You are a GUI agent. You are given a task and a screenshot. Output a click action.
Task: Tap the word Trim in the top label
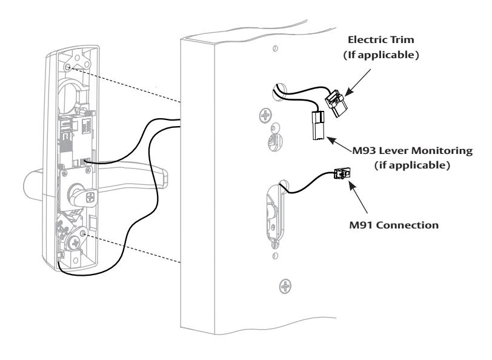403,40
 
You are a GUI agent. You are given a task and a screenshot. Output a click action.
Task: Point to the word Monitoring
442,151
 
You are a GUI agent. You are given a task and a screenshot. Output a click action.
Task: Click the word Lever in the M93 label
393,151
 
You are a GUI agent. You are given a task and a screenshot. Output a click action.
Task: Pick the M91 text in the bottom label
361,225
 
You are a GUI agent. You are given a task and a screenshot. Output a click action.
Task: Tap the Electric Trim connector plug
336,103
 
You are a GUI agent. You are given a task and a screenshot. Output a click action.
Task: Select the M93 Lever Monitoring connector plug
318,126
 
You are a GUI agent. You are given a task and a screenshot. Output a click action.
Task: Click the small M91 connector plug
342,173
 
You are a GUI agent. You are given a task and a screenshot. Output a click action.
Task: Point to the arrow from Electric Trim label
357,82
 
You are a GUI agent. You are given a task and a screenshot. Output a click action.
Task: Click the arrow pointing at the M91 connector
358,197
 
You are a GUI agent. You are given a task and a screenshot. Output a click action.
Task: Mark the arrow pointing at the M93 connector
340,144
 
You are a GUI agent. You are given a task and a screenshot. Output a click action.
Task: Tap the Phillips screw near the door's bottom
285,287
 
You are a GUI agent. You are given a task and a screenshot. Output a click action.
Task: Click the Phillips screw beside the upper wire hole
266,116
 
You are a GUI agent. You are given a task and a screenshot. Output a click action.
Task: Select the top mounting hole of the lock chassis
67,67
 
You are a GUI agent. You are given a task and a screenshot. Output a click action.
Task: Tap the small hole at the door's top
275,48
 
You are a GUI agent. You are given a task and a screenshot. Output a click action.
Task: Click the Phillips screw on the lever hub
91,198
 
